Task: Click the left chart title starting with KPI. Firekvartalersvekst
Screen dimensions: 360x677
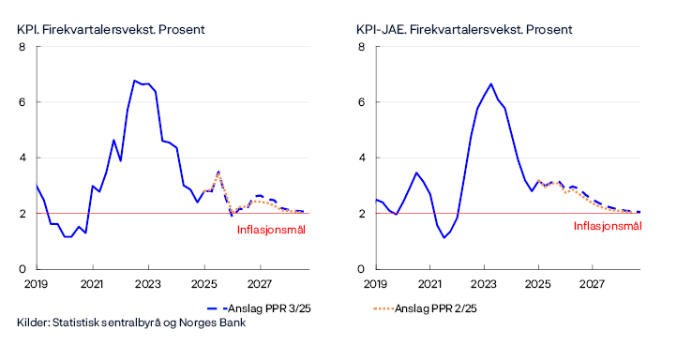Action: (111, 29)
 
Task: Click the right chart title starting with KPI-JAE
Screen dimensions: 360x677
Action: (464, 29)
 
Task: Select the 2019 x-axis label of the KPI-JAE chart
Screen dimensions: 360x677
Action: (375, 283)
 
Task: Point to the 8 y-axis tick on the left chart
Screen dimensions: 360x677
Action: (23, 47)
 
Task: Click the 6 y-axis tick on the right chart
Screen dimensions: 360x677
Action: (362, 102)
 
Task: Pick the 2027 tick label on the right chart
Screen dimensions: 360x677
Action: (594, 283)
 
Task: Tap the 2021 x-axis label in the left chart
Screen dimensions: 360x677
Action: (92, 283)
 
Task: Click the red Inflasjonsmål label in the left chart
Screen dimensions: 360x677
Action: (271, 228)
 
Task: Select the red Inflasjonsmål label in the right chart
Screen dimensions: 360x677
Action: (609, 226)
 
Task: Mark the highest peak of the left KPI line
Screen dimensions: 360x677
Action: (135, 81)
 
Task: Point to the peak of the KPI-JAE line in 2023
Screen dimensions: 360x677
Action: (490, 83)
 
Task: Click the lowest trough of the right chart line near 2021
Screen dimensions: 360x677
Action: (444, 237)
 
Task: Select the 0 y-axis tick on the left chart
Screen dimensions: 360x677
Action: (23, 269)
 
